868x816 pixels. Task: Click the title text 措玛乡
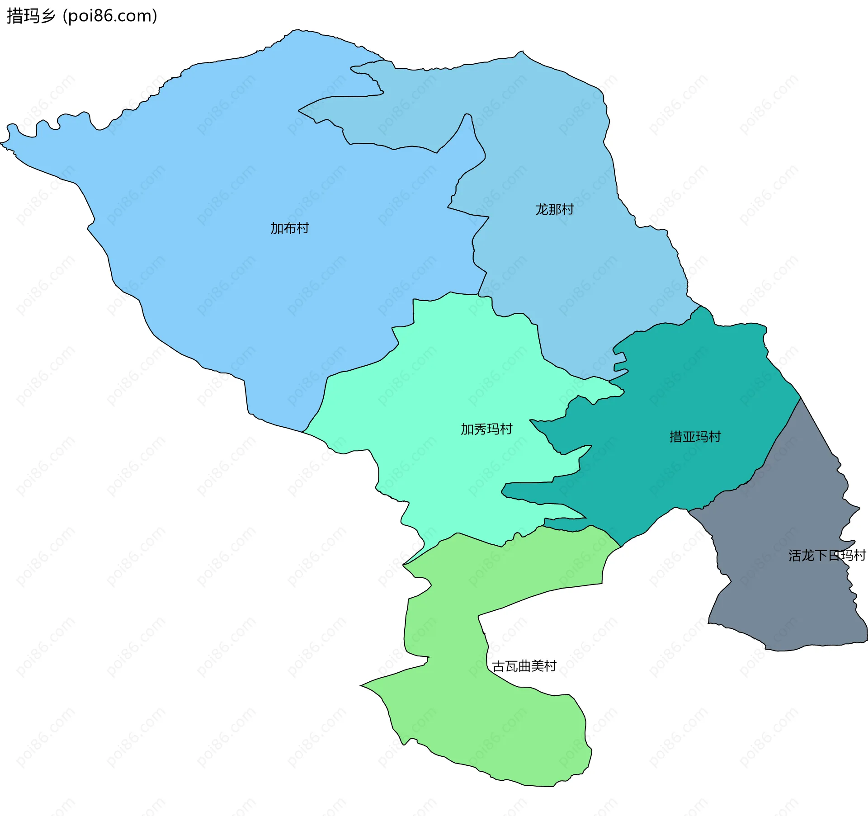tap(31, 16)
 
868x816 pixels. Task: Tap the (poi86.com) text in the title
tap(110, 16)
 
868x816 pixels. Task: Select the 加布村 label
tap(290, 228)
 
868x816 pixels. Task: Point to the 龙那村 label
tap(555, 209)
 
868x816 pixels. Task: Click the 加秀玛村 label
tap(486, 429)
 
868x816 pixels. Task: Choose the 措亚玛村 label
tap(695, 437)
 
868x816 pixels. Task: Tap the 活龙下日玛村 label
tap(827, 556)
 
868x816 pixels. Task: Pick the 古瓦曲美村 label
tap(524, 666)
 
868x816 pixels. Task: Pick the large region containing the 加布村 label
tap(226, 181)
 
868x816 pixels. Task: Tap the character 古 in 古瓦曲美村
tap(498, 666)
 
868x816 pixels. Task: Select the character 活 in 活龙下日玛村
tap(795, 556)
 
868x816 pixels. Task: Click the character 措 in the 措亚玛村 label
tap(676, 437)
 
